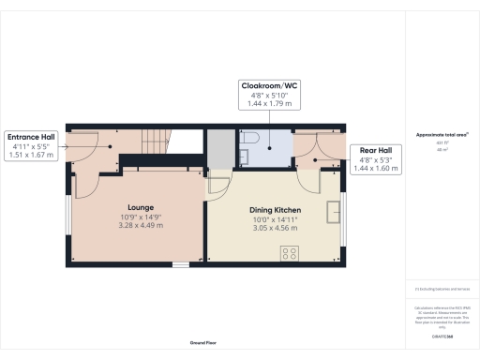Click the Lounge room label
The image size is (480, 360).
(141, 207)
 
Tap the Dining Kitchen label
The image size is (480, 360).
(273, 210)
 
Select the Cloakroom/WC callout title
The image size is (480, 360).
(268, 84)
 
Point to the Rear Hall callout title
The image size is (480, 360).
(373, 150)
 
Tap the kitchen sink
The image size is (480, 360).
(333, 212)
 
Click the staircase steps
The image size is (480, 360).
(155, 142)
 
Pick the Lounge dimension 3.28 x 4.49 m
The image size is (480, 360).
(141, 225)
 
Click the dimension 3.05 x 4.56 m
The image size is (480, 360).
(273, 228)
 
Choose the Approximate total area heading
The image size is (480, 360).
(442, 135)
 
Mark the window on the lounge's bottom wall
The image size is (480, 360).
(180, 264)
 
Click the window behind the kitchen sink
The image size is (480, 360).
(344, 211)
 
